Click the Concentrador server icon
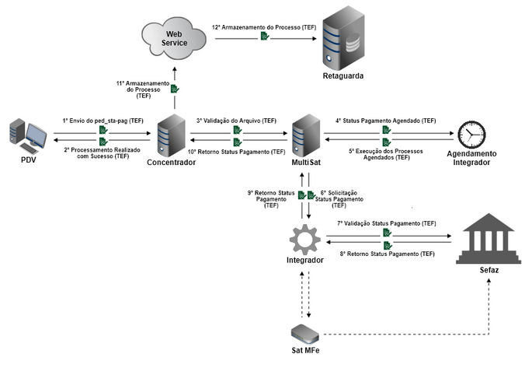(170, 135)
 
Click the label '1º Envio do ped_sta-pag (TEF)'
(103, 121)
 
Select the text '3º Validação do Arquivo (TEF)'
(236, 121)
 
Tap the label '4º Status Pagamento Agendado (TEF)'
(386, 121)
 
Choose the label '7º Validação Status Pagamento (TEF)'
(386, 223)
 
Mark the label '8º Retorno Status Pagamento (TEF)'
(386, 254)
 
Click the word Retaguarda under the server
(342, 76)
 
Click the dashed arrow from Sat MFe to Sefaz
(404, 334)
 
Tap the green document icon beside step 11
(175, 89)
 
